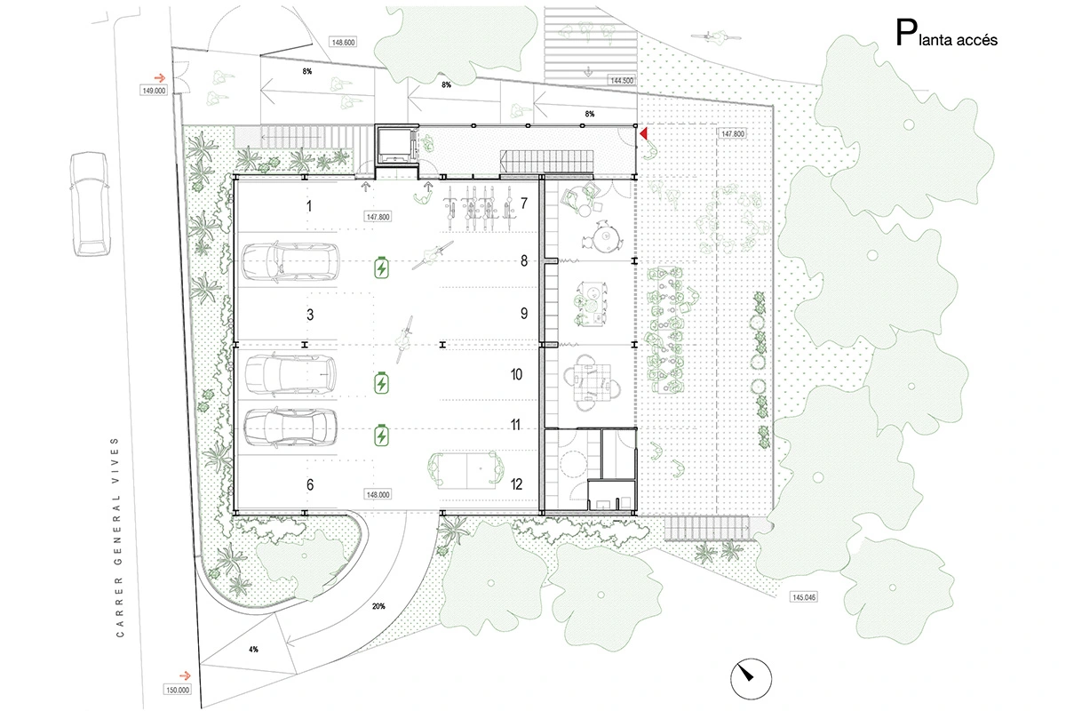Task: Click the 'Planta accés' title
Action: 946,34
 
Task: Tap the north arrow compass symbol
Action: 751,679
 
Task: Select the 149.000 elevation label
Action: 154,91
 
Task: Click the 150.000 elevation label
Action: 178,689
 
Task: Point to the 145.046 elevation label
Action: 804,596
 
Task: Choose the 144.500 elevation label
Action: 622,81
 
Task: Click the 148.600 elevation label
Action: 343,42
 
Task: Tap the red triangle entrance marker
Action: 643,134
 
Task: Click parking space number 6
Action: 310,484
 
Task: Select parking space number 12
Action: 516,484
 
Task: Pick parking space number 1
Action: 309,206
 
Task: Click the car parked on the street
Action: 91,204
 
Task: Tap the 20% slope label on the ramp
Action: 378,606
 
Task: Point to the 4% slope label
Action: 253,649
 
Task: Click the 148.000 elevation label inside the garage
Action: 378,495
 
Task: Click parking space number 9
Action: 524,314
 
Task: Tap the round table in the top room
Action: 605,236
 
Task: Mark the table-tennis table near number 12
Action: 465,470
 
